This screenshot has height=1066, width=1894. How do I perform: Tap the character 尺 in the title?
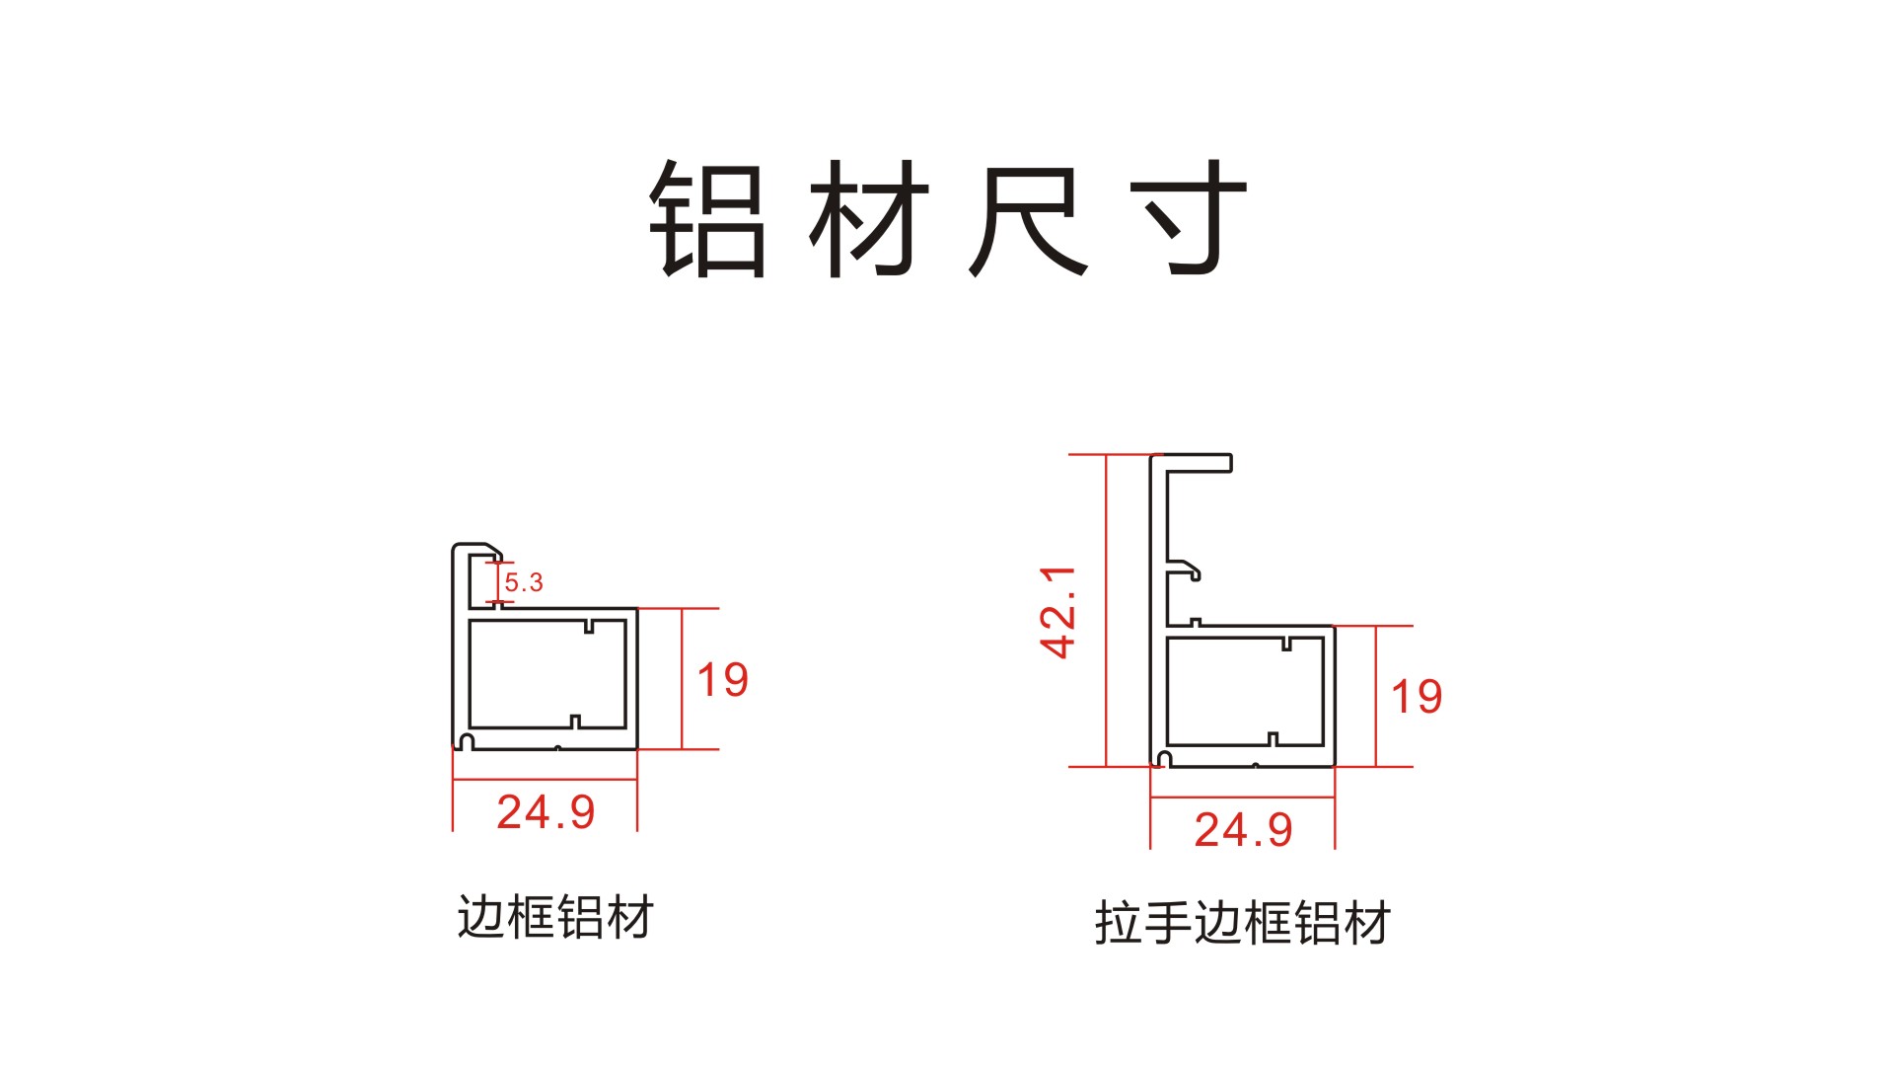tap(1029, 219)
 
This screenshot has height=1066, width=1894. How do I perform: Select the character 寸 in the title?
tap(1190, 219)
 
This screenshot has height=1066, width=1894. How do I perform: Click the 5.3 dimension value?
tap(524, 582)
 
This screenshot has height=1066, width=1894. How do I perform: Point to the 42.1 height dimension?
tap(1057, 612)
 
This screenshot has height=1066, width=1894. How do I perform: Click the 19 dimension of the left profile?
tap(723, 680)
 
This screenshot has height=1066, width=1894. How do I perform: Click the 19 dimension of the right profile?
tap(1417, 697)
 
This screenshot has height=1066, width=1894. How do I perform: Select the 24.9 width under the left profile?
tap(546, 812)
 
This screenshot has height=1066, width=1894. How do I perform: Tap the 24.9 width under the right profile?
tap(1243, 830)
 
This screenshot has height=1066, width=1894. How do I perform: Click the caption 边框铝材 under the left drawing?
tap(555, 917)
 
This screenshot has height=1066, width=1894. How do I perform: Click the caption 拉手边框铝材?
tap(1243, 924)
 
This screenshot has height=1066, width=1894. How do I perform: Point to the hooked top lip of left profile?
tap(479, 549)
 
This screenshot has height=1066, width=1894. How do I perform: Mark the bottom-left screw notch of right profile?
tap(1164, 759)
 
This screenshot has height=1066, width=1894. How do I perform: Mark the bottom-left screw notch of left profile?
tap(467, 741)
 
